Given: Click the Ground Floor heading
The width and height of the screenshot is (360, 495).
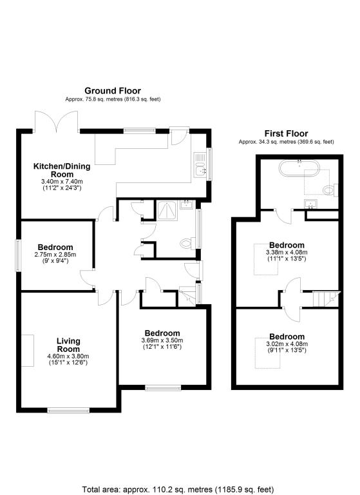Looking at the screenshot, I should click(x=113, y=91).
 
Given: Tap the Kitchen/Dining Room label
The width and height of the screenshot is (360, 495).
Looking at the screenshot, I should click(x=62, y=170).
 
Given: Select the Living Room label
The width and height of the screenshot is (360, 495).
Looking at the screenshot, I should click(x=67, y=345).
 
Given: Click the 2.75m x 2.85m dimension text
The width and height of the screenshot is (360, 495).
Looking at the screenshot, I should click(x=55, y=255).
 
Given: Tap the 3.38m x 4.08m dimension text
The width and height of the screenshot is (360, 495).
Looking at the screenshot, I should click(x=287, y=253).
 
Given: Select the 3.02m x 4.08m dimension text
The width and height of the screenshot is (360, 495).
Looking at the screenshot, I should click(x=287, y=344).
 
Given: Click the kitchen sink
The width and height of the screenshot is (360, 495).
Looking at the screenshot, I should click(x=200, y=164).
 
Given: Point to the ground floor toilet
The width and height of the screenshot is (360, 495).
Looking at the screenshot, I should click(x=187, y=244).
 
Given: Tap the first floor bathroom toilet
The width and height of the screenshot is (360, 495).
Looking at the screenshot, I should click(x=331, y=189).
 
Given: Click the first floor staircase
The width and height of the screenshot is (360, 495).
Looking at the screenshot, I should click(x=325, y=298).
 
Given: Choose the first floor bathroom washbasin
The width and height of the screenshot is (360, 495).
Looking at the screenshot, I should click(x=312, y=204).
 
